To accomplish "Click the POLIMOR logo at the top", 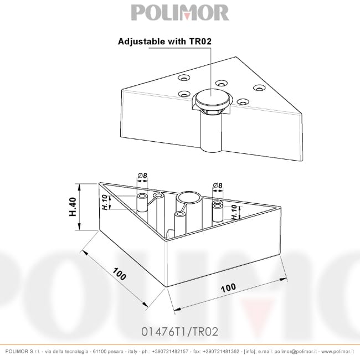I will click(x=179, y=13).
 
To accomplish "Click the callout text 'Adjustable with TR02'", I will click(x=165, y=41).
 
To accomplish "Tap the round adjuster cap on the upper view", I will click(x=213, y=99).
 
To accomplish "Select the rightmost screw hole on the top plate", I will click(x=259, y=88).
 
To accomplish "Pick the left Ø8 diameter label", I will click(x=142, y=176).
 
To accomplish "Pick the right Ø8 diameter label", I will click(x=217, y=186).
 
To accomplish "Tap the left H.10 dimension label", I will click(x=105, y=203).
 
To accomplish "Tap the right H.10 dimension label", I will click(x=234, y=213).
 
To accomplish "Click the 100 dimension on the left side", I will click(x=119, y=275).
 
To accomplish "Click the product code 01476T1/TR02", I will click(x=180, y=332).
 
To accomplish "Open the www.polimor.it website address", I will click(x=337, y=352).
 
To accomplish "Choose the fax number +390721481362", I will click(x=222, y=352).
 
